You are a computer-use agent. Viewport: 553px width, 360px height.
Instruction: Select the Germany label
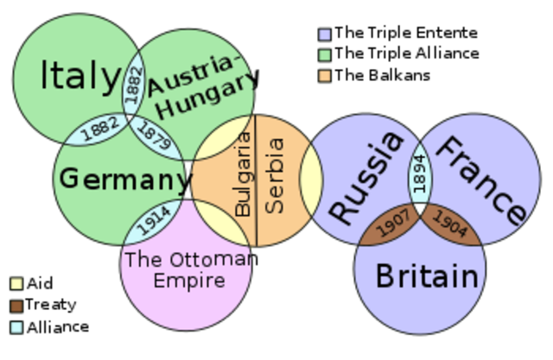pyautogui.click(x=125, y=180)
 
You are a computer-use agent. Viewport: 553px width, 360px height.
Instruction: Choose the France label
pyautogui.click(x=480, y=180)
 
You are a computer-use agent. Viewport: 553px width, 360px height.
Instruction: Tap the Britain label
pyautogui.click(x=427, y=276)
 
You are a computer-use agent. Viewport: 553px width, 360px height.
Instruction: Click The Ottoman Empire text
pyautogui.click(x=188, y=269)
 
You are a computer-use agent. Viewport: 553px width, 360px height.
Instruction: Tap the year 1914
pyautogui.click(x=154, y=221)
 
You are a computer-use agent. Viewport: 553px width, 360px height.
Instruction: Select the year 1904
pyautogui.click(x=449, y=225)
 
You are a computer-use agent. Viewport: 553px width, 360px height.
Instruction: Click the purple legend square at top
pyautogui.click(x=325, y=35)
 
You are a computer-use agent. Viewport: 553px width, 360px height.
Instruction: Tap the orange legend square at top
pyautogui.click(x=325, y=75)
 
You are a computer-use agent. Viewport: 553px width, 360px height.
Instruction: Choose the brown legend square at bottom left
pyautogui.click(x=16, y=306)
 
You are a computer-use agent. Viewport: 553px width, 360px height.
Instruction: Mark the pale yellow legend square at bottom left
pyautogui.click(x=16, y=283)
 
